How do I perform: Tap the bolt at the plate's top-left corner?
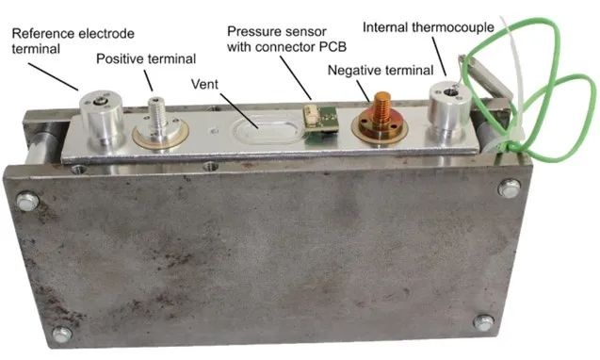28,201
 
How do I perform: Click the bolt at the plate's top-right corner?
510,188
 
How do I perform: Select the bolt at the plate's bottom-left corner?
62,334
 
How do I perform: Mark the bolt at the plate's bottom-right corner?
484,322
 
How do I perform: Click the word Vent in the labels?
204,84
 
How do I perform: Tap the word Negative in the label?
355,71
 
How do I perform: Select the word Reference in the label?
43,33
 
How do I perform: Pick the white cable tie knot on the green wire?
511,147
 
